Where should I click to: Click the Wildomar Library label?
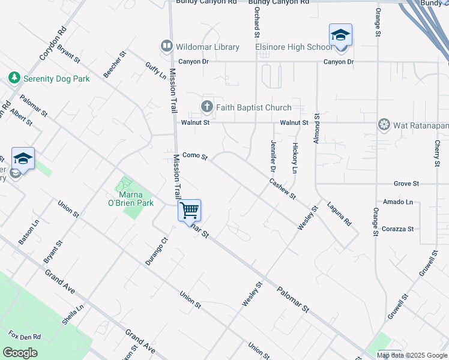pos(207,47)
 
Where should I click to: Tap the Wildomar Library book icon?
pos(166,46)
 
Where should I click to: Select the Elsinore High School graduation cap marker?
pos(340,35)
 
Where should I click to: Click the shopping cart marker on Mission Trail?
pos(189,211)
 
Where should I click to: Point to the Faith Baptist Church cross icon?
pos(207,107)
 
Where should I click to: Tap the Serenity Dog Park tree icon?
pos(14,78)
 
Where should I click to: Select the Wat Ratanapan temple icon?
pos(384,125)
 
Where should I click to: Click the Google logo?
pos(20,353)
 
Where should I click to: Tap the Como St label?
pos(194,156)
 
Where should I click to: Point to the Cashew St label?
pos(282,188)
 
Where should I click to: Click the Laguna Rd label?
pos(339,213)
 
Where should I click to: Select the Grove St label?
pos(406,183)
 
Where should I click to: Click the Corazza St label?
pos(398,229)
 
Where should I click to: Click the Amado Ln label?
pos(400,202)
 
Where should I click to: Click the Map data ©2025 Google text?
pos(412,355)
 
